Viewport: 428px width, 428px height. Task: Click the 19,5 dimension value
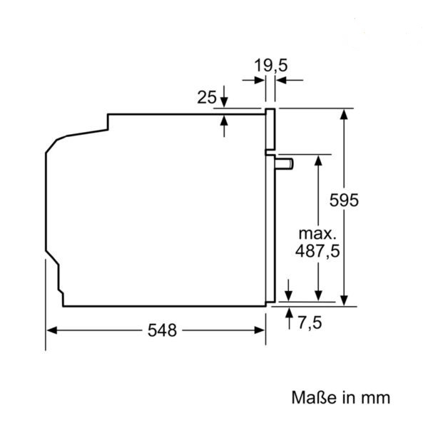[x=271, y=66]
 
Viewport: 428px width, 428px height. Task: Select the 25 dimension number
[x=207, y=97]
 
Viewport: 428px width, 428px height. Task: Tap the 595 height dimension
[x=344, y=200]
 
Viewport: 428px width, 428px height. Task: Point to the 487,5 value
[x=317, y=251]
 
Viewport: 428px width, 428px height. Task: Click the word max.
[x=317, y=234]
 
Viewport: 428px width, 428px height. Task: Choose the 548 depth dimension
[x=162, y=330]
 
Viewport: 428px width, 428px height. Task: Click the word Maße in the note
[x=314, y=397]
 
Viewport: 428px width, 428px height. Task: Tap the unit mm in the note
[x=376, y=399]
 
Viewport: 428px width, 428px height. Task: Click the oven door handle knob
[x=284, y=163]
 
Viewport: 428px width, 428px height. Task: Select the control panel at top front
[x=270, y=129]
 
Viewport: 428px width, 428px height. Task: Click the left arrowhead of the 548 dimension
[x=52, y=330]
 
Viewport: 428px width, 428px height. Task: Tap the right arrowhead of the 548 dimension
[x=259, y=330]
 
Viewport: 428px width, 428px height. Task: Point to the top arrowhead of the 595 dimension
[x=344, y=114]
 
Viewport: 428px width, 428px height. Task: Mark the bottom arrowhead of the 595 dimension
[x=344, y=300]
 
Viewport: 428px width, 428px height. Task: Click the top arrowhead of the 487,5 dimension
[x=318, y=160]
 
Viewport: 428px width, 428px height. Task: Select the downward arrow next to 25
[x=224, y=96]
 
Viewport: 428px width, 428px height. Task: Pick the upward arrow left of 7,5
[x=289, y=318]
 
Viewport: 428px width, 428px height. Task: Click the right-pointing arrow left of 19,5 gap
[x=253, y=80]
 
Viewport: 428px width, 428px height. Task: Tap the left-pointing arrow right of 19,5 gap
[x=290, y=80]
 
